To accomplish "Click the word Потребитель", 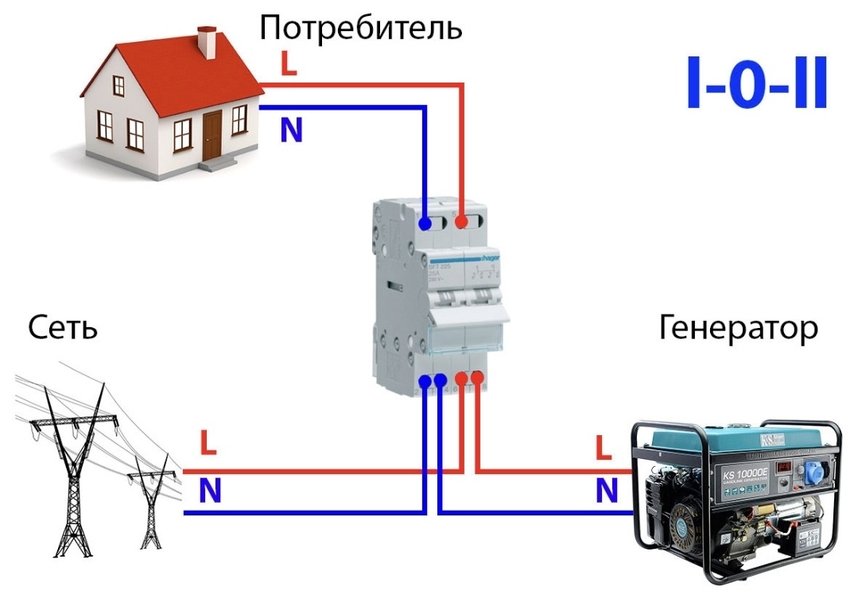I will coord(360,28).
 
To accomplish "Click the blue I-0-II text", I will coord(756,83).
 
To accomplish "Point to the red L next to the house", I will coord(288,64).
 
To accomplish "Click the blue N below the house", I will coord(291,130).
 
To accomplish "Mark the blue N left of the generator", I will coord(607,492).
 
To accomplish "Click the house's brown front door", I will coord(212,135).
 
